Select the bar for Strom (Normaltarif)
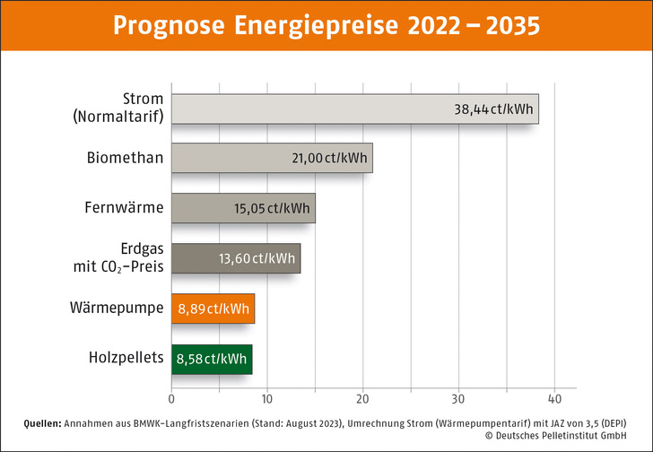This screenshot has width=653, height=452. (354, 109)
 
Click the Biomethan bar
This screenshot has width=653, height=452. (272, 158)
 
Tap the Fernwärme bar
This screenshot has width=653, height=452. (243, 208)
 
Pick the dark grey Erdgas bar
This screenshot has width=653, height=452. (236, 258)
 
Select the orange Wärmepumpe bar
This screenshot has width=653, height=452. (213, 309)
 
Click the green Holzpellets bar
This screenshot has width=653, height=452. (212, 359)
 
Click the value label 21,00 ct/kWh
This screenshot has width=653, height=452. (329, 159)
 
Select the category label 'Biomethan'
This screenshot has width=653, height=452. (125, 158)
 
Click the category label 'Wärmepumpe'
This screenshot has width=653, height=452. (117, 308)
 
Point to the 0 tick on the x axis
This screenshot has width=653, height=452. (171, 398)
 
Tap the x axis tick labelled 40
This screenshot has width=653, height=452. (554, 398)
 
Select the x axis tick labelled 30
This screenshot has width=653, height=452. (458, 398)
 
